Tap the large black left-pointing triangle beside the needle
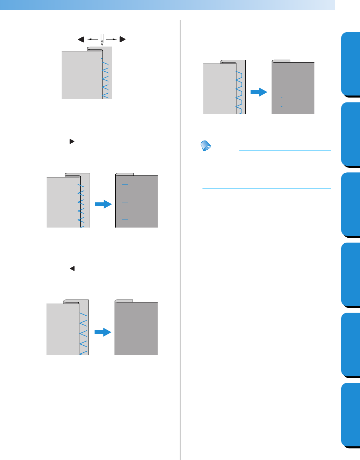click(81, 39)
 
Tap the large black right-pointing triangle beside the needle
click(122, 39)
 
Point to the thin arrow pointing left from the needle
click(93, 39)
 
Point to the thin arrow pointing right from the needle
click(111, 39)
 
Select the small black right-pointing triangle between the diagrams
click(72, 142)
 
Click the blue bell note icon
click(206, 145)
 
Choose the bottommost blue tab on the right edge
click(350, 415)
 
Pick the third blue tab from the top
click(350, 204)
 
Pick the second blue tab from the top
click(350, 134)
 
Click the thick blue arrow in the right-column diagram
click(259, 92)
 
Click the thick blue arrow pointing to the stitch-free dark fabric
click(103, 332)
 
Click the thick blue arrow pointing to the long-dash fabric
click(103, 205)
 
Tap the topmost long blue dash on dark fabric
click(125, 184)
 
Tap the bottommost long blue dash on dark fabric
click(125, 220)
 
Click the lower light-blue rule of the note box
click(266, 189)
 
